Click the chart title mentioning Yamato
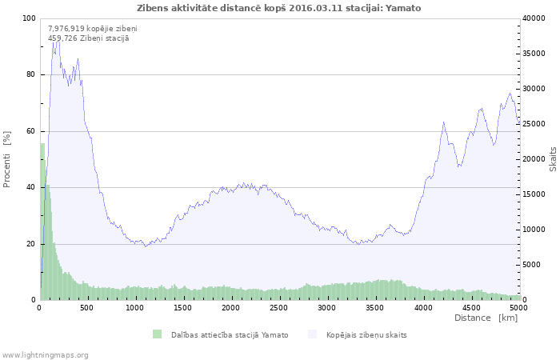(279, 8)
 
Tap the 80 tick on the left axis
(31, 74)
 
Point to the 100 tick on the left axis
(29, 18)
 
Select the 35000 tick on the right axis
(534, 54)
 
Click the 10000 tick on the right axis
(534, 230)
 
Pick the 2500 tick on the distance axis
(278, 307)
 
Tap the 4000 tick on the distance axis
(422, 307)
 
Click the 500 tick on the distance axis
(87, 307)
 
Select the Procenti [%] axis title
(7, 159)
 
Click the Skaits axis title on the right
(553, 159)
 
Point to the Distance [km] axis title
(486, 318)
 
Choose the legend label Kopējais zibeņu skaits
(366, 334)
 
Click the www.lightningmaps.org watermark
(45, 354)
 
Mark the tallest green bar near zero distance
(42, 222)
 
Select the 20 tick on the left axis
(31, 244)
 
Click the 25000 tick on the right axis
(534, 124)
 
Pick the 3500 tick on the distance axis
(374, 307)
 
